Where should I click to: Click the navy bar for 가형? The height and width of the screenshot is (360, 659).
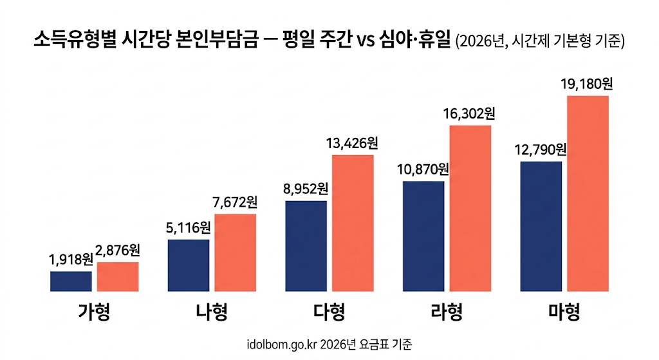[x=71, y=281]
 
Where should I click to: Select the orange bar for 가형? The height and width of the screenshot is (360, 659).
[x=118, y=277]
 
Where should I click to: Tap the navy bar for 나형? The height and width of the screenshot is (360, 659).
[x=189, y=265]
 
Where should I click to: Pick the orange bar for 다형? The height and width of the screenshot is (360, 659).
[x=353, y=223]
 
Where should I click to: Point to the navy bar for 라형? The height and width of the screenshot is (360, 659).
[x=423, y=236]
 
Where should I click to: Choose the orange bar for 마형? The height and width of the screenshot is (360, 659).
[x=588, y=193]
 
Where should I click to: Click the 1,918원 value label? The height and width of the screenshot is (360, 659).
[x=71, y=260]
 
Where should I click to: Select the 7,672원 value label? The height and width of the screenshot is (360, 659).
[x=235, y=202]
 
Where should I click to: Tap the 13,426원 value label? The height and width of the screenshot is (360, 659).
[x=352, y=144]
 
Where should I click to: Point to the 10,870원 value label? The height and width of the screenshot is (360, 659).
[x=423, y=169]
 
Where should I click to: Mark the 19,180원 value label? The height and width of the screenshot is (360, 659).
[x=587, y=84]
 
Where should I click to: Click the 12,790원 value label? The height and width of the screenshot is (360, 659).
[x=541, y=149]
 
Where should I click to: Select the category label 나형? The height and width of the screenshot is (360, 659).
[x=212, y=312]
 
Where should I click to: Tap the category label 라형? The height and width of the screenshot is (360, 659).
[x=447, y=312]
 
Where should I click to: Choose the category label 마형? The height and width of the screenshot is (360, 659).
[x=564, y=312]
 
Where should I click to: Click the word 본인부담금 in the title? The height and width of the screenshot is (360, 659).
[x=216, y=41]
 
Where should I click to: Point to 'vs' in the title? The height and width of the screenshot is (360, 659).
[x=366, y=41]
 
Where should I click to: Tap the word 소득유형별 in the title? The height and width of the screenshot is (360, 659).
[x=75, y=41]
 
